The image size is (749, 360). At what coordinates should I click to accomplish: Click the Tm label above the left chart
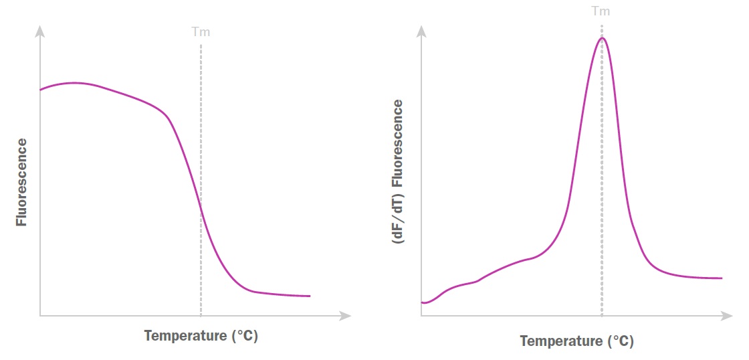pyautogui.click(x=201, y=32)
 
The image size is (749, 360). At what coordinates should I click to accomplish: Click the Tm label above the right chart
pyautogui.click(x=601, y=11)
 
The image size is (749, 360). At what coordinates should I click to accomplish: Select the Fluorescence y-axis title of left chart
pyautogui.click(x=22, y=182)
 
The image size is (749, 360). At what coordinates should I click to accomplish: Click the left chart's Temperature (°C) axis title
pyautogui.click(x=201, y=336)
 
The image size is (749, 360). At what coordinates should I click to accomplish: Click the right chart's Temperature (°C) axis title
pyautogui.click(x=576, y=341)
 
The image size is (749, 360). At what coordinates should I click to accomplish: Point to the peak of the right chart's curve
pyautogui.click(x=602, y=37)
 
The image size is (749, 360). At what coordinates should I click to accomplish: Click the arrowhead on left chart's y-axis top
pyautogui.click(x=40, y=31)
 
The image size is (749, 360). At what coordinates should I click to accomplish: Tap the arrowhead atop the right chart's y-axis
pyautogui.click(x=422, y=31)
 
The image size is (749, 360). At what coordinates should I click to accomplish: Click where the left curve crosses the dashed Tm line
pyautogui.click(x=201, y=204)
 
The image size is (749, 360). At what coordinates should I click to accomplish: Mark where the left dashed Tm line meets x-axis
pyautogui.click(x=201, y=315)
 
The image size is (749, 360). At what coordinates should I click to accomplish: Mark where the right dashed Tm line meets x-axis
pyautogui.click(x=602, y=315)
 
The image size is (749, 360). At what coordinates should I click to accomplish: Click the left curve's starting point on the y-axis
pyautogui.click(x=41, y=89)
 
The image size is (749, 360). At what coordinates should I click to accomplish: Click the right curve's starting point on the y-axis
pyautogui.click(x=423, y=302)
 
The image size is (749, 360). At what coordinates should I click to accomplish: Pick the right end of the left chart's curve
pyautogui.click(x=310, y=296)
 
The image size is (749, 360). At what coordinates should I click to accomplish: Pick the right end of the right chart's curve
pyautogui.click(x=722, y=278)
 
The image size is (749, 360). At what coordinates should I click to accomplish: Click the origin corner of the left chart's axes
pyautogui.click(x=40, y=315)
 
